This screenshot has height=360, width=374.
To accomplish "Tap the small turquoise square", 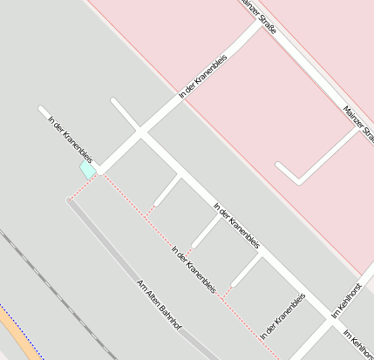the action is click(x=88, y=169).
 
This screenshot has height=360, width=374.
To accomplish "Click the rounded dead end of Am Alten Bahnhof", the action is click(x=70, y=200).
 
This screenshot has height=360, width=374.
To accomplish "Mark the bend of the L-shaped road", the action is click(x=300, y=182).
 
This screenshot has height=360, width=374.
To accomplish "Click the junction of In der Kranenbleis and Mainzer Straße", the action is click(x=258, y=24).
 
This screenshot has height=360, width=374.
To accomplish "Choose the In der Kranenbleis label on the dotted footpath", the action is click(x=194, y=268).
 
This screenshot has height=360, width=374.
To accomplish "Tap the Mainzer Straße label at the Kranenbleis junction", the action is click(x=259, y=16).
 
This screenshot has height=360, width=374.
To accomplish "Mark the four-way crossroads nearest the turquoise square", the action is click(x=139, y=133).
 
